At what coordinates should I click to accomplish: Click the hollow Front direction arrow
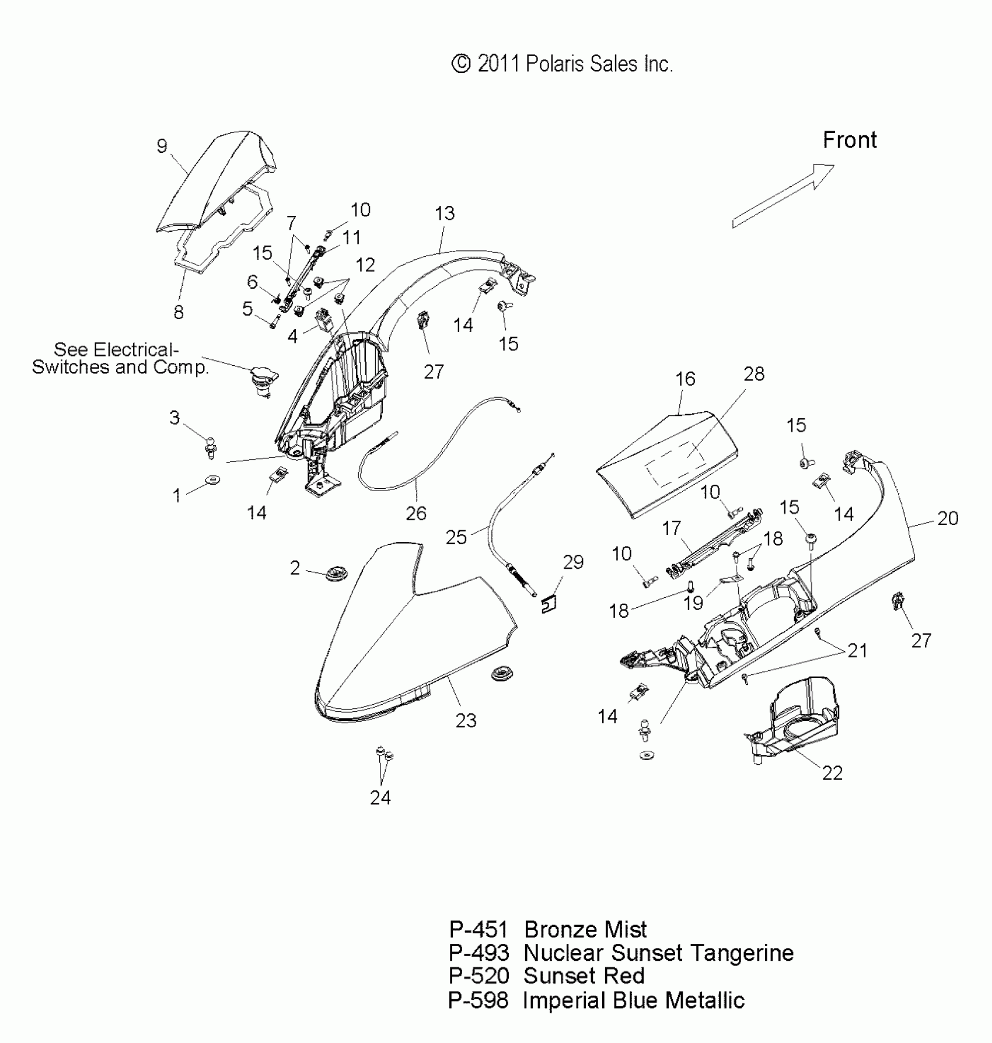point(784,195)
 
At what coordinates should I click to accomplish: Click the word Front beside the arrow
point(850,140)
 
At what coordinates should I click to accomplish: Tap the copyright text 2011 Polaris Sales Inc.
point(562,64)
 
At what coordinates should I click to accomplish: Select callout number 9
point(162,146)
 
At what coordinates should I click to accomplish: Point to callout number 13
point(445,213)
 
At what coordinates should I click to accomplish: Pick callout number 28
point(754,374)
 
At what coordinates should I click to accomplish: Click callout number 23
point(466,720)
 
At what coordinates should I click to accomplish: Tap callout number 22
point(832,773)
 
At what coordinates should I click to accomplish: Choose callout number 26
point(416,513)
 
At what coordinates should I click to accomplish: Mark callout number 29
point(573,562)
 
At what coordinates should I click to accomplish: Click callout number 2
point(295,568)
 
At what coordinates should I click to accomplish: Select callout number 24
point(380,797)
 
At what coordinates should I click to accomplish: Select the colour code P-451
point(478,929)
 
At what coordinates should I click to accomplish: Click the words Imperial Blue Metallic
point(634,1000)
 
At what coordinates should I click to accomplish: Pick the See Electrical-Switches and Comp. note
point(120,358)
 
